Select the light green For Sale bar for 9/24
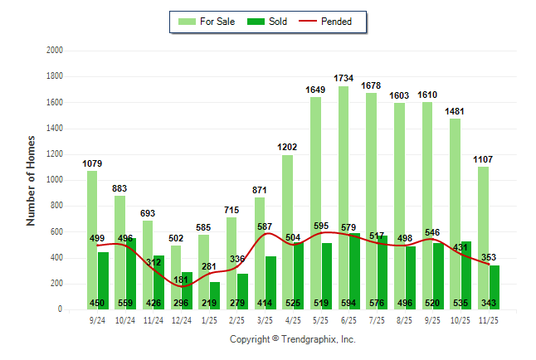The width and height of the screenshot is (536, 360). (x=92, y=241)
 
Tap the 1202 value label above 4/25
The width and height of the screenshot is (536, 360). (x=287, y=147)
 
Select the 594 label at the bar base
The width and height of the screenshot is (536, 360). (x=349, y=303)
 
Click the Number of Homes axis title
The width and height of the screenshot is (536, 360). (x=32, y=180)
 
